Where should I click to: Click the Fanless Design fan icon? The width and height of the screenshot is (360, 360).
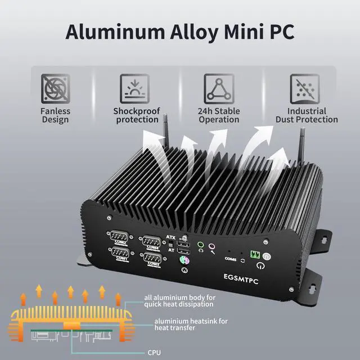coord(55,88)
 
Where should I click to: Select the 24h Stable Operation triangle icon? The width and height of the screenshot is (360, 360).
coord(219,88)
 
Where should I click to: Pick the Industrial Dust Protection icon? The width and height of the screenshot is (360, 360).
coord(305,88)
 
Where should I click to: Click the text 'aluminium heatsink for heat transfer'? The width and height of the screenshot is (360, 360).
coord(184,324)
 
